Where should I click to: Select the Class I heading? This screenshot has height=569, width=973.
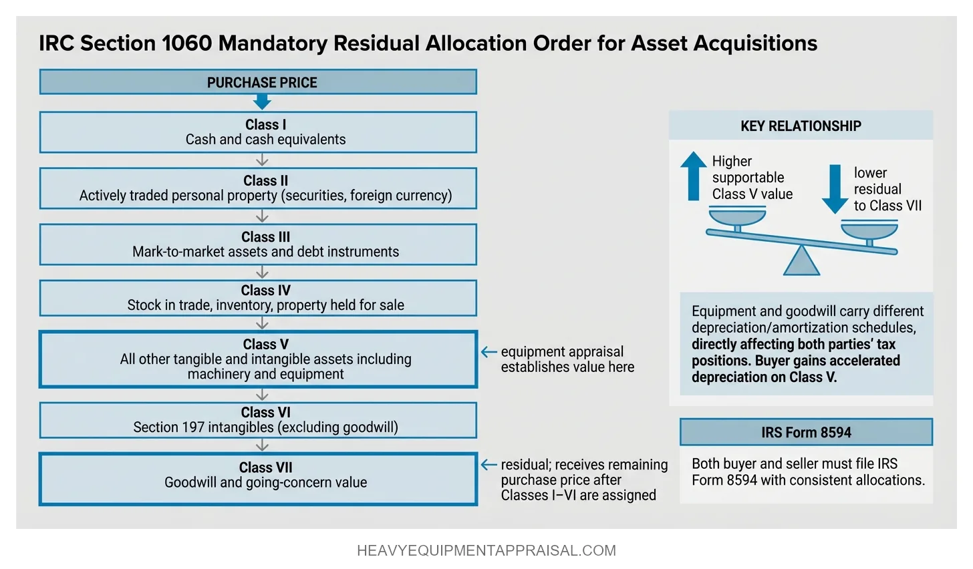coord(265,125)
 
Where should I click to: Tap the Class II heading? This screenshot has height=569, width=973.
coord(265,181)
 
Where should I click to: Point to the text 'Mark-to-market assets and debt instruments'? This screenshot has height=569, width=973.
coord(265,252)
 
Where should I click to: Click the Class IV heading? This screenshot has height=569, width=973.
coord(265,291)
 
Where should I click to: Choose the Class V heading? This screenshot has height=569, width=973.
coord(265,344)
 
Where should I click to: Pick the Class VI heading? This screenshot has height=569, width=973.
coord(265,413)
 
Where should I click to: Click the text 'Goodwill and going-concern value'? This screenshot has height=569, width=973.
coord(265,482)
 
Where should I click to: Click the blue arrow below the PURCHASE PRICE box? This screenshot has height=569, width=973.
coord(262,102)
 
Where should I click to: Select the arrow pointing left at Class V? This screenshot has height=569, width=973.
coord(489,352)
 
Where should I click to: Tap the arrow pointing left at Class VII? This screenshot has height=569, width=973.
coord(489,465)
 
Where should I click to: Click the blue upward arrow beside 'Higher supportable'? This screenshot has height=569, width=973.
coord(693,176)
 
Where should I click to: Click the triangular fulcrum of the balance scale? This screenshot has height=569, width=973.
coord(801,262)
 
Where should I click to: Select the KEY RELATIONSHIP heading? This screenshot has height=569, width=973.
coord(801,126)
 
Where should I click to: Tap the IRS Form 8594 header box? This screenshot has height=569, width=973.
coord(806,432)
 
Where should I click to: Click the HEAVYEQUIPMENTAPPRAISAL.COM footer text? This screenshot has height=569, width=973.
coord(486,551)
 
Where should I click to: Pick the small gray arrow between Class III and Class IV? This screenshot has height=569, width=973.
coord(262,272)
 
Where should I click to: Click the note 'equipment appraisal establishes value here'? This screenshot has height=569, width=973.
coord(567,359)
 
